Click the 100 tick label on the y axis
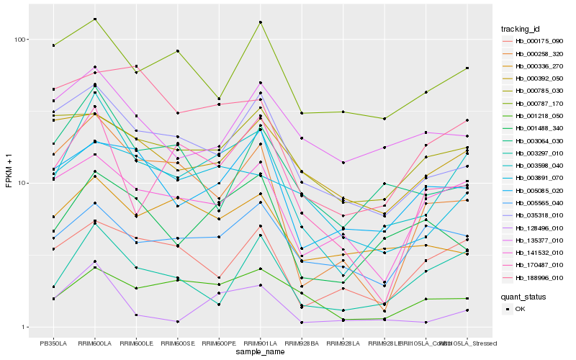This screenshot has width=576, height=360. (20, 40)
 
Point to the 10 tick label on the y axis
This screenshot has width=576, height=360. (22, 183)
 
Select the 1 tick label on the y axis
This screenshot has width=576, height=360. (24, 327)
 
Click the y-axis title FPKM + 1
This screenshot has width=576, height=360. (9, 183)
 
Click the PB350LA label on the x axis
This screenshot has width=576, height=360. (53, 343)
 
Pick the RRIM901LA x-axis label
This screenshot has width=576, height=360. (260, 343)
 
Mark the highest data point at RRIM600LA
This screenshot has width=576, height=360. (95, 19)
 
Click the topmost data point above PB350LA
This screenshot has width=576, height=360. (53, 45)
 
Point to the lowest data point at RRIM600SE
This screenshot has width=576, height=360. (177, 322)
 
